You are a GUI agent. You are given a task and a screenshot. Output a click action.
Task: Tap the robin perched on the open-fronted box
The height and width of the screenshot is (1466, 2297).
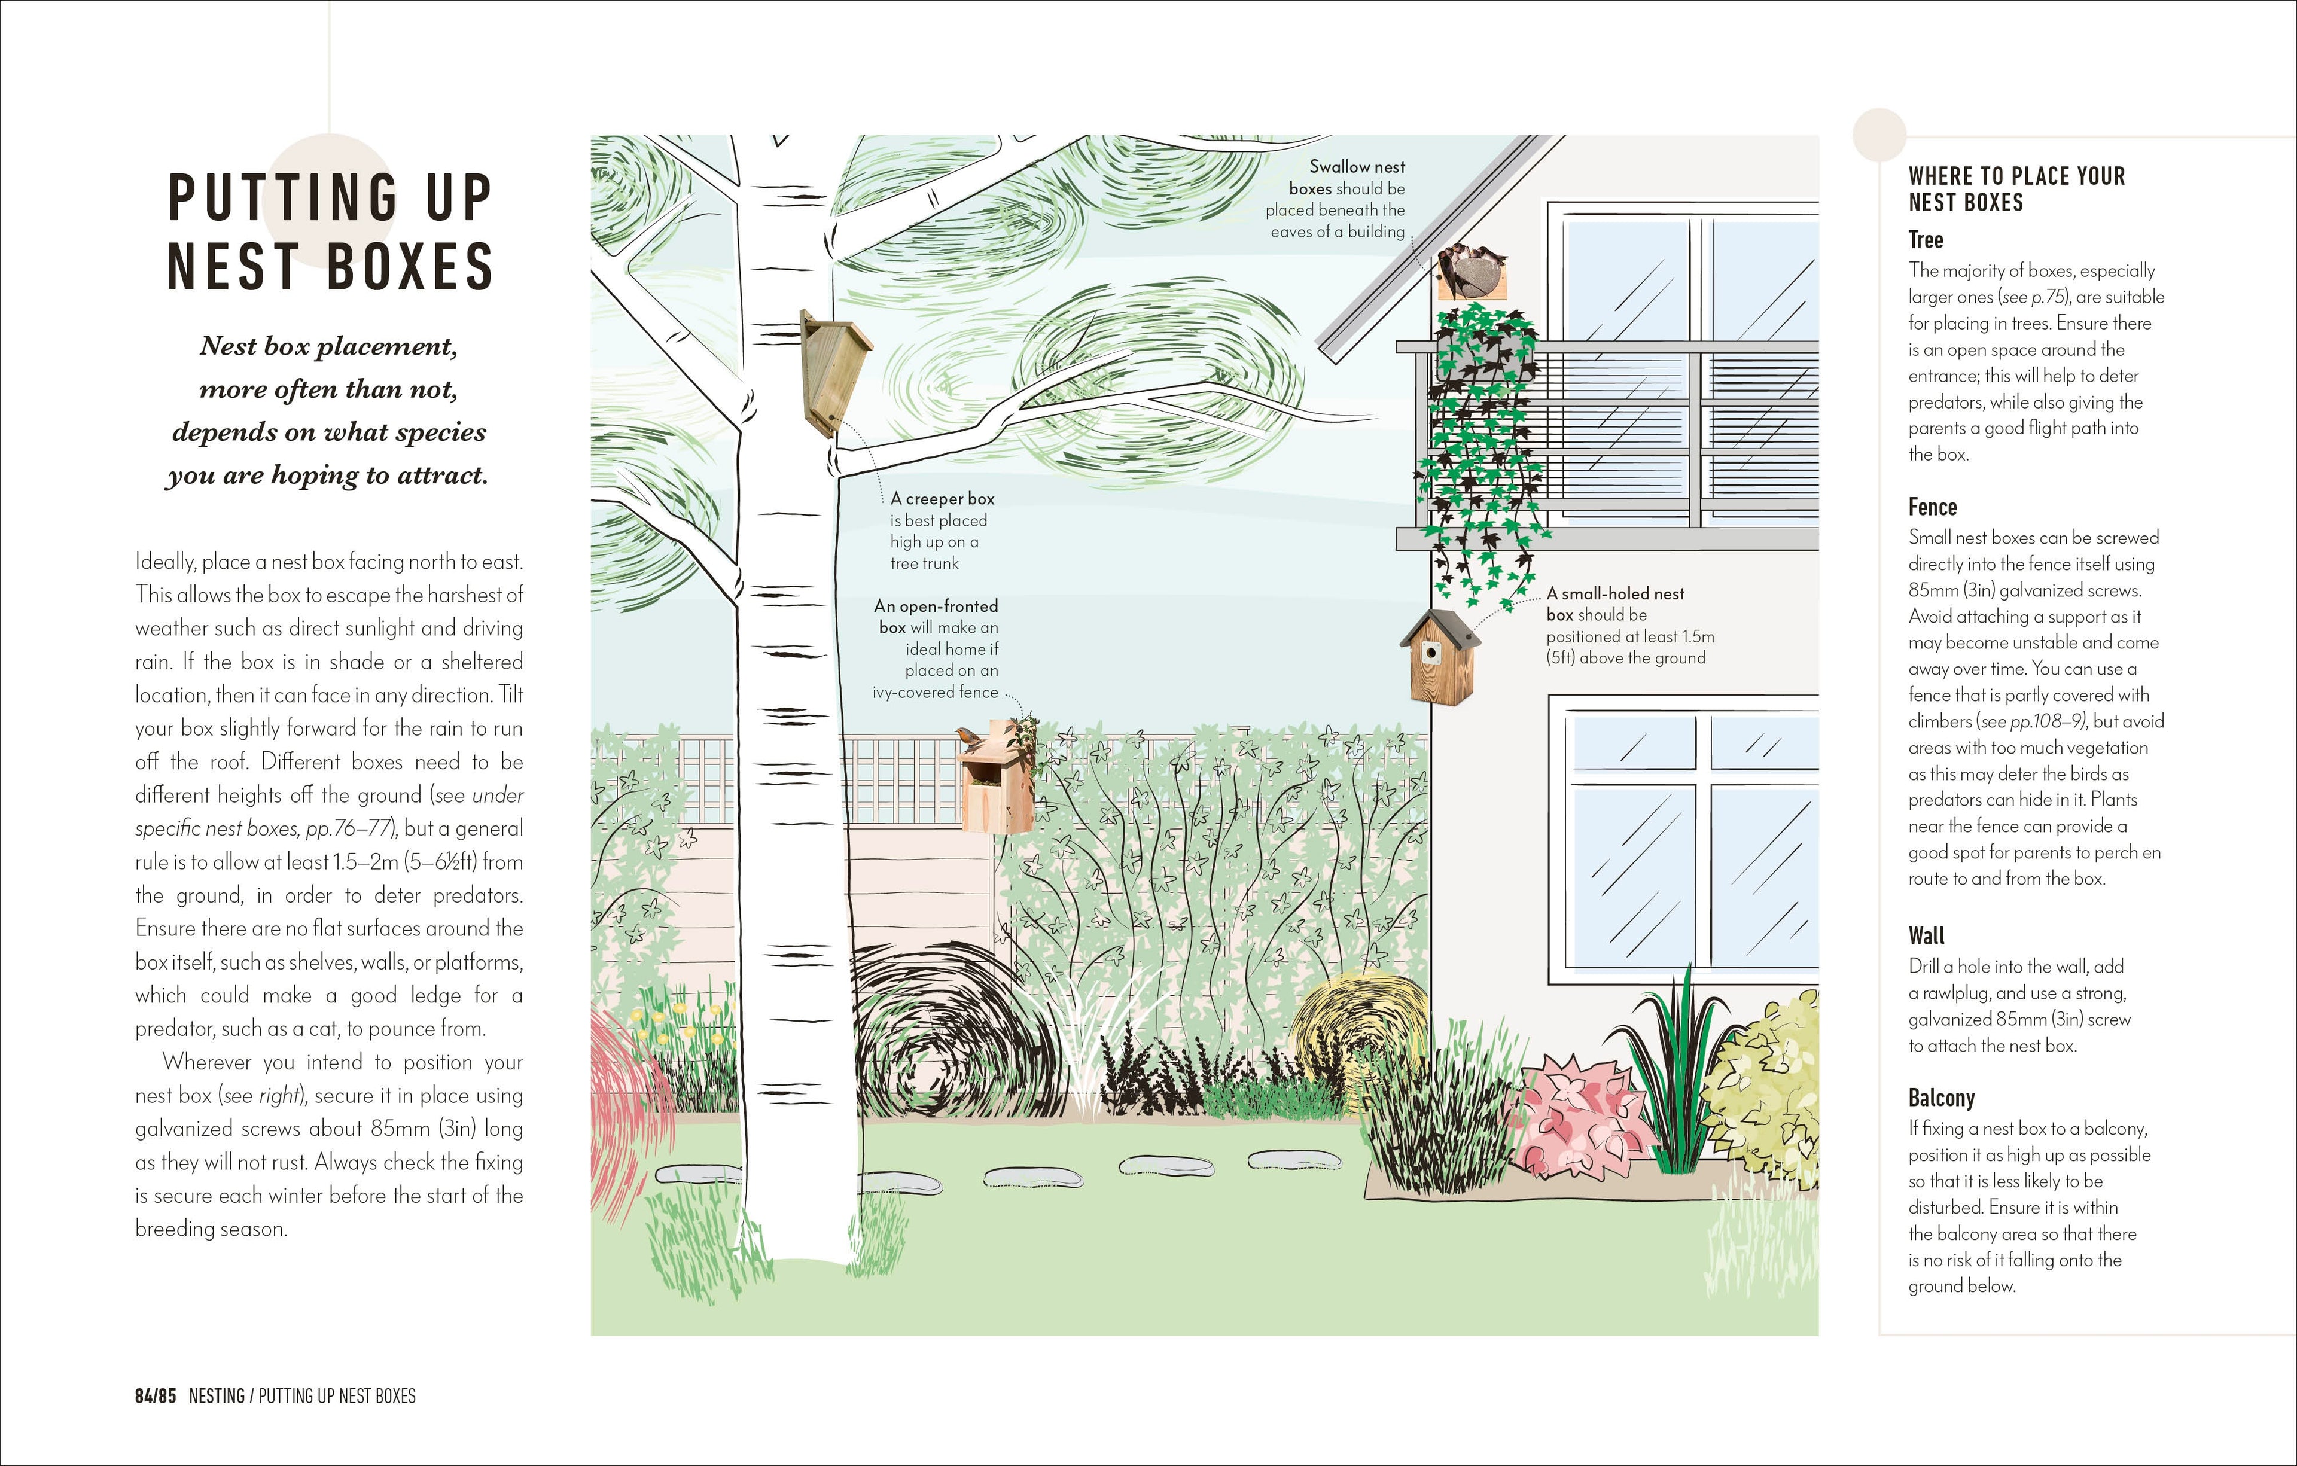(969, 736)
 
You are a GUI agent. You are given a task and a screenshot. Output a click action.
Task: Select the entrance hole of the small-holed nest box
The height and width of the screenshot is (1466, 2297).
(1431, 653)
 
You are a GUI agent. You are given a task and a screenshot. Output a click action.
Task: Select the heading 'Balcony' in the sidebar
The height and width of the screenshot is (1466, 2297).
(1941, 1097)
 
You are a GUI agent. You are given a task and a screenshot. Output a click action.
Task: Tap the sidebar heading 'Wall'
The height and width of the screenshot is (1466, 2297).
(1926, 935)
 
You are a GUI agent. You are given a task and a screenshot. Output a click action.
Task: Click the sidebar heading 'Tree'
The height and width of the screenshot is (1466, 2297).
(1925, 239)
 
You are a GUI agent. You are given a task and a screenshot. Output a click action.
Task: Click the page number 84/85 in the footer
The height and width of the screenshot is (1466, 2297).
(156, 1395)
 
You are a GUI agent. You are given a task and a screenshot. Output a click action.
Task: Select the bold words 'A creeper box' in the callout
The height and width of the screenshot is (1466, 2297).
(943, 499)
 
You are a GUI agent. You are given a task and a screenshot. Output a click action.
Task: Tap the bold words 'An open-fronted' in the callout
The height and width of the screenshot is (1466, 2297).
(935, 606)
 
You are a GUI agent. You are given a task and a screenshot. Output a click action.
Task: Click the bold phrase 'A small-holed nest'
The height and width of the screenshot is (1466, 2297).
(1615, 593)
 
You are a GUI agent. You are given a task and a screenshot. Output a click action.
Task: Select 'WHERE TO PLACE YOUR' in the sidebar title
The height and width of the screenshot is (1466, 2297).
(2016, 176)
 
